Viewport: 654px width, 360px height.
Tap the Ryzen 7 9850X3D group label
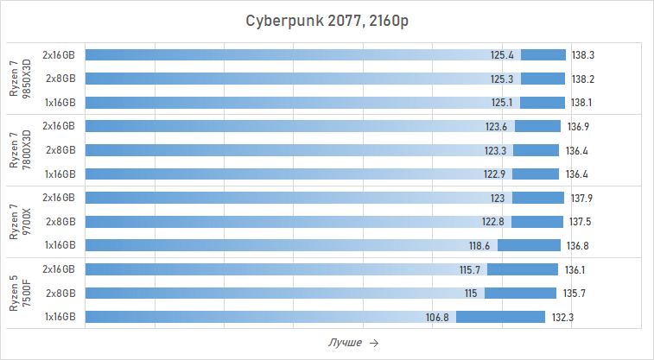point(20,79)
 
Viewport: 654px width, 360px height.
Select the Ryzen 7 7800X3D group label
point(20,149)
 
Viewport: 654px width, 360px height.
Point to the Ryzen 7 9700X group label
point(20,221)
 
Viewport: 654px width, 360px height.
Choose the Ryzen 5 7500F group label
point(20,293)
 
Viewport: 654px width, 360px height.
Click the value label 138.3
point(583,55)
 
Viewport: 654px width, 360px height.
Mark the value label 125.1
point(502,102)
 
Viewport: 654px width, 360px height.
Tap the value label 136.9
point(578,126)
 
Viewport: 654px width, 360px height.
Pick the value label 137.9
point(581,198)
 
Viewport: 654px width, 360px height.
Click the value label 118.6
point(479,245)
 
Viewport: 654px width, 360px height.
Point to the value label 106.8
point(438,317)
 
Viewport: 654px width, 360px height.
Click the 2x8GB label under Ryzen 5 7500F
point(60,293)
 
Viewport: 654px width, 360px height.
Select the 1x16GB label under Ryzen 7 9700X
point(60,245)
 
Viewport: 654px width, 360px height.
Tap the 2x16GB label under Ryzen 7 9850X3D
point(59,55)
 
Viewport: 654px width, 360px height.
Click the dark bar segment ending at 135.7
point(520,293)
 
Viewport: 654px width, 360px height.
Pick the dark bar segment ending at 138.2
point(543,79)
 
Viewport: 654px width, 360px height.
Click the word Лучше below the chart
point(345,343)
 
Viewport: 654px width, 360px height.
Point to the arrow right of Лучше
point(373,343)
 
